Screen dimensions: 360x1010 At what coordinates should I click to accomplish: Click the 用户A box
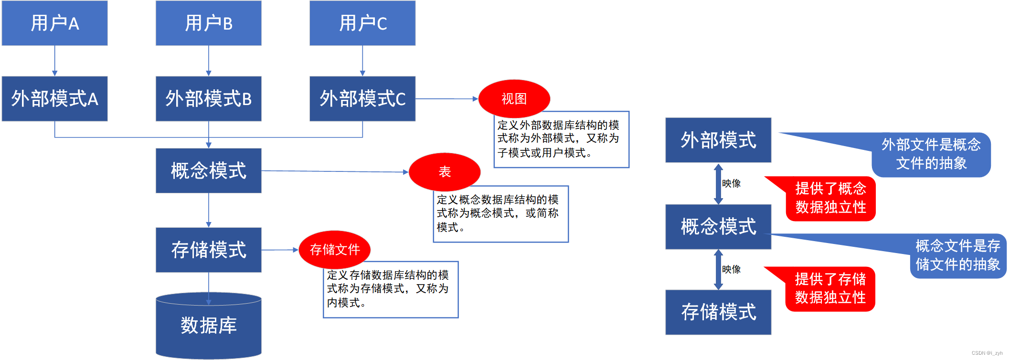[54, 23]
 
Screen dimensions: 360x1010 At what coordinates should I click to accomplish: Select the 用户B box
[208, 23]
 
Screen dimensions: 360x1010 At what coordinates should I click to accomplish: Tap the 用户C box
[362, 23]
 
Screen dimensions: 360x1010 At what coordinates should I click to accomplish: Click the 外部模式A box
[54, 99]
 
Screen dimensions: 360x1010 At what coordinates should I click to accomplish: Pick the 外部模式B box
[208, 99]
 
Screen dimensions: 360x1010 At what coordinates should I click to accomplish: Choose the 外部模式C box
[362, 99]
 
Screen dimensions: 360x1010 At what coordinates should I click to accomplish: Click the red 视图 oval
[514, 99]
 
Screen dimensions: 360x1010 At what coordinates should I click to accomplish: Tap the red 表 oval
[445, 172]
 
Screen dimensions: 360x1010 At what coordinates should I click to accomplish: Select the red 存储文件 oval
[334, 249]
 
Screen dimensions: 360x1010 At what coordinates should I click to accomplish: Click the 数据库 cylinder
[208, 326]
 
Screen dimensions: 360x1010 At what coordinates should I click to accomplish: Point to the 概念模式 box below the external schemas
[208, 170]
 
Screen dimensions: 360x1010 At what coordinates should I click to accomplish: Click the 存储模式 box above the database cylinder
[208, 250]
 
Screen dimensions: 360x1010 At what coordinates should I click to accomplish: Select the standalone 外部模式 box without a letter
[718, 140]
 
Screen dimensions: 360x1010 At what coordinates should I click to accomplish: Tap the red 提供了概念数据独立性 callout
[830, 198]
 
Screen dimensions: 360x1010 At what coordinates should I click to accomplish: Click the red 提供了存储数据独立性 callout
[830, 288]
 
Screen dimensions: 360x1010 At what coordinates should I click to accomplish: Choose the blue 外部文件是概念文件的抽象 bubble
[931, 154]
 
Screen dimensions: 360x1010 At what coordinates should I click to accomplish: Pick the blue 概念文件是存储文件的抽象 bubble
[957, 255]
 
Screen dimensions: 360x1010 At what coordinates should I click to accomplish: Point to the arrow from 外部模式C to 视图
[447, 99]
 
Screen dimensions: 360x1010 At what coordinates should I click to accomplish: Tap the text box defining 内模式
[391, 289]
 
